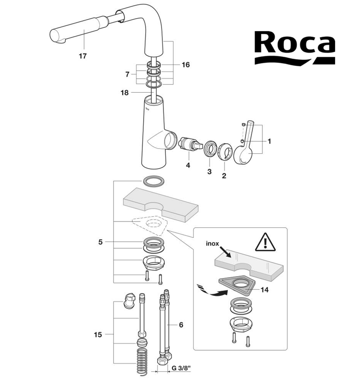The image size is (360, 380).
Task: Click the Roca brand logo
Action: [294, 47]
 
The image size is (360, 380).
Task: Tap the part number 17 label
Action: [83, 56]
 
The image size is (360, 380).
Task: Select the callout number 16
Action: [186, 64]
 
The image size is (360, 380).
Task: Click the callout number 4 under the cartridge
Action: [188, 165]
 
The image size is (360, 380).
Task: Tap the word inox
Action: [211, 244]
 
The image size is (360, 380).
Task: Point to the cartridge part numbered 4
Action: [188, 144]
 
